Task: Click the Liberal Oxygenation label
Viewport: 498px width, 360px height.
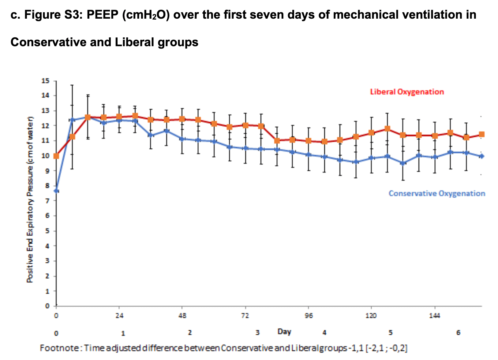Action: click(x=407, y=92)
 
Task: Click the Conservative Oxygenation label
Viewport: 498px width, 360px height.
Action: click(x=437, y=193)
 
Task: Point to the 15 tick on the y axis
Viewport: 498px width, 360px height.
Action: click(x=45, y=81)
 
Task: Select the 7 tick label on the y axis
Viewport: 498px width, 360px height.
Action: click(x=47, y=201)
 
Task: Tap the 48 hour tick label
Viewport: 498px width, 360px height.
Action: click(x=182, y=316)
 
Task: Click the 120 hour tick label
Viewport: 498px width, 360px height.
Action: click(x=371, y=316)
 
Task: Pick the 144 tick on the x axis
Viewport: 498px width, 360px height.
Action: click(x=435, y=316)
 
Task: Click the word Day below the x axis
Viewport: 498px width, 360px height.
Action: click(x=284, y=332)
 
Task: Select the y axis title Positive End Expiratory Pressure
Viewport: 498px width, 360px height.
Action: click(x=30, y=200)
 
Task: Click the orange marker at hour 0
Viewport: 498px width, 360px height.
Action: click(x=56, y=156)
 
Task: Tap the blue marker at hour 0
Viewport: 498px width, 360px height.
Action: click(x=56, y=191)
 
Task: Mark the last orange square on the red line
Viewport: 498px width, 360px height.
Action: click(x=481, y=134)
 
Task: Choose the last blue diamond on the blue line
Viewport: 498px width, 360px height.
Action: click(x=481, y=156)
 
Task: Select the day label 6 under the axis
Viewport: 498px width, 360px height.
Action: click(x=458, y=333)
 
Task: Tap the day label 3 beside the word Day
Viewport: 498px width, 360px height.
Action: click(x=258, y=333)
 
